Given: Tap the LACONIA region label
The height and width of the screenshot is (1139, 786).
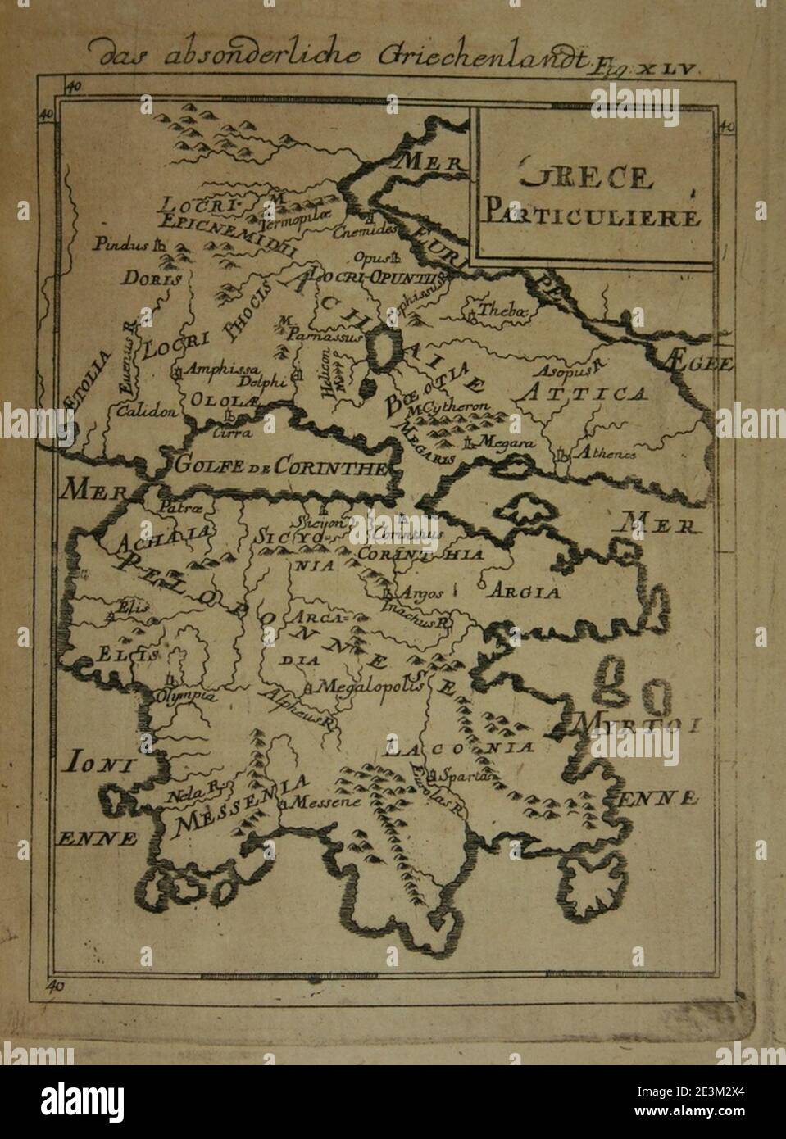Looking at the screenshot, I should [462, 748].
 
